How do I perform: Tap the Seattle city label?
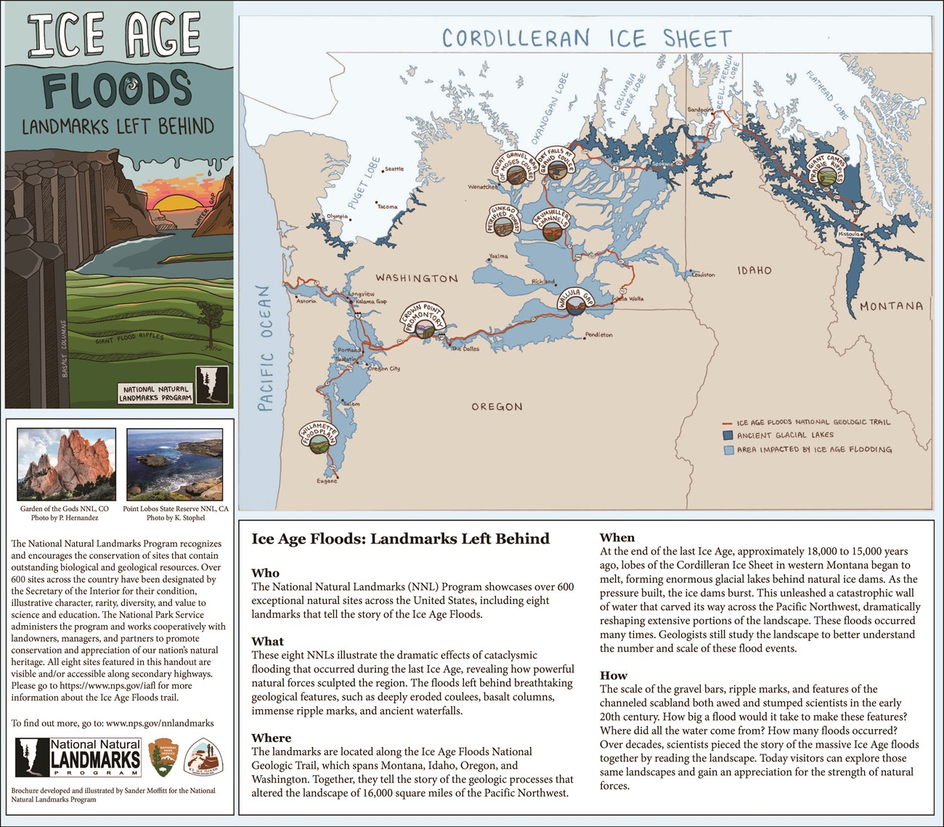tap(394, 169)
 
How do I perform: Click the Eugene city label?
tap(327, 481)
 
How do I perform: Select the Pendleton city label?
tap(598, 335)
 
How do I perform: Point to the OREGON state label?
tap(497, 407)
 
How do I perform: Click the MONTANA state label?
tap(891, 306)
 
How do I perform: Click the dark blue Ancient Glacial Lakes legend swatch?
tap(728, 435)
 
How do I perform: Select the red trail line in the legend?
tap(727, 423)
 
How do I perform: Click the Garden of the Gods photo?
tap(66, 464)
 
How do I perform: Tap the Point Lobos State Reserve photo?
tap(174, 464)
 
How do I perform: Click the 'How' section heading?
tap(613, 675)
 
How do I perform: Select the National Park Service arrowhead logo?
tap(162, 758)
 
